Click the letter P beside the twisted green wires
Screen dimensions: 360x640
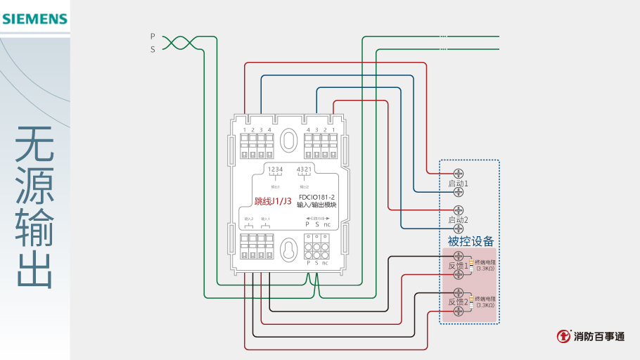152,35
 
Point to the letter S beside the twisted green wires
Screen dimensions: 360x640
152,49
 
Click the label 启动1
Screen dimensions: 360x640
459,183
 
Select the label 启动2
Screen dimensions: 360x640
459,219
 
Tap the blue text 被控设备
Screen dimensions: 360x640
471,241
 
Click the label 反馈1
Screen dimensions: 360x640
459,266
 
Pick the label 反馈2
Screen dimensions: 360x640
459,302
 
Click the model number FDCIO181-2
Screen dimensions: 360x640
316,197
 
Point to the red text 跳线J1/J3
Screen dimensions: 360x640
273,201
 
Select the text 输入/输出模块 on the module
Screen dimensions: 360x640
316,205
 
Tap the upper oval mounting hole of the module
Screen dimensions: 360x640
288,140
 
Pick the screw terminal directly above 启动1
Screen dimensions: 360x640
459,173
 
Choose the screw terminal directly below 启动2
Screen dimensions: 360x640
459,229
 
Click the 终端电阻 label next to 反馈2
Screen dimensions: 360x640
485,300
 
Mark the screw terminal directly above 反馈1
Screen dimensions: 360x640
459,256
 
